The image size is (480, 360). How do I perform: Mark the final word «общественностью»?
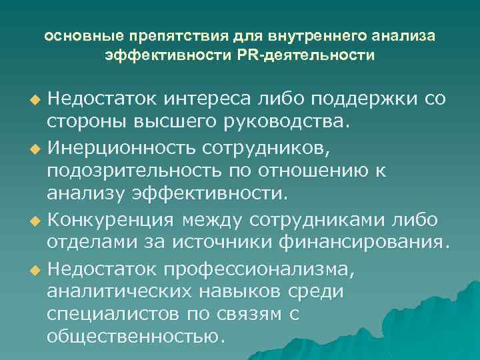[x=133, y=336]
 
